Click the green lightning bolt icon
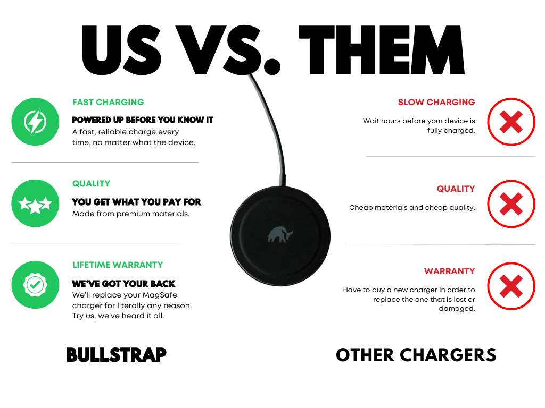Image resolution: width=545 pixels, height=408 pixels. [x=35, y=122]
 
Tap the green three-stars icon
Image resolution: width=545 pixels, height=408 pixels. [x=35, y=203]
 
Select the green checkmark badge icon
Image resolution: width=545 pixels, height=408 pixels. [x=35, y=285]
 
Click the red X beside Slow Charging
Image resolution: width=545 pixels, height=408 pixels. [x=511, y=122]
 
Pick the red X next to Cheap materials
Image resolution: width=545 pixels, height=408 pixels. [x=511, y=204]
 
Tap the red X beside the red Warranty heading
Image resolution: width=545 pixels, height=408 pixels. [x=511, y=286]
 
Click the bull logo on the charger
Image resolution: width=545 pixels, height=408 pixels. [x=280, y=234]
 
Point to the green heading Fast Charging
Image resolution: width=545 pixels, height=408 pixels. [x=108, y=103]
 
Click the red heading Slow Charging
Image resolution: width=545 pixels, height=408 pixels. [x=436, y=103]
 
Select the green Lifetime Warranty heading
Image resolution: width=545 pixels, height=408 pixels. [x=118, y=265]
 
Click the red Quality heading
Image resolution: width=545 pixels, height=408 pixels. [x=456, y=189]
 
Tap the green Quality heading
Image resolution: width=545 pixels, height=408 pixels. [x=91, y=183]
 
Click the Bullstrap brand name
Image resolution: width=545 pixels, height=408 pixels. [x=117, y=355]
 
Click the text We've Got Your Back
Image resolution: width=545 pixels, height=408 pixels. [x=123, y=284]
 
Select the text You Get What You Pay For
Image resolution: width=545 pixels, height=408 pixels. [x=136, y=202]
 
